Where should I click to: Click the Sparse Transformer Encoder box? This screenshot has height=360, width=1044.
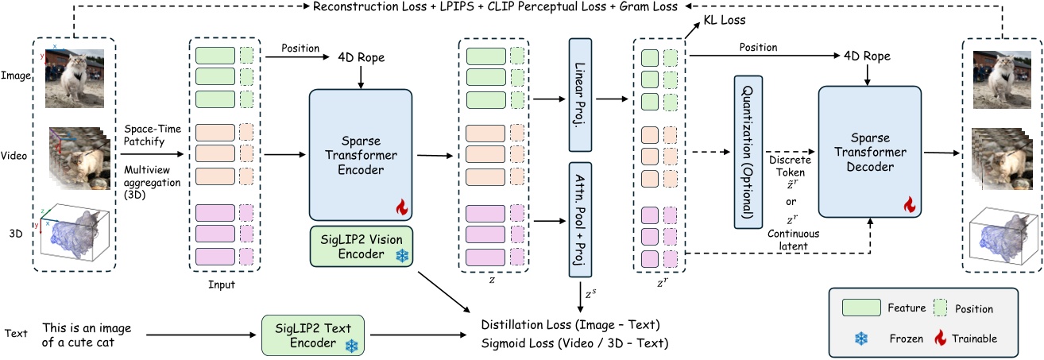pyautogui.click(x=360, y=154)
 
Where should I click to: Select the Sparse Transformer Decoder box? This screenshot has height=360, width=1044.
pyautogui.click(x=869, y=151)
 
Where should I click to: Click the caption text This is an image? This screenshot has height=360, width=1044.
pyautogui.click(x=87, y=327)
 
